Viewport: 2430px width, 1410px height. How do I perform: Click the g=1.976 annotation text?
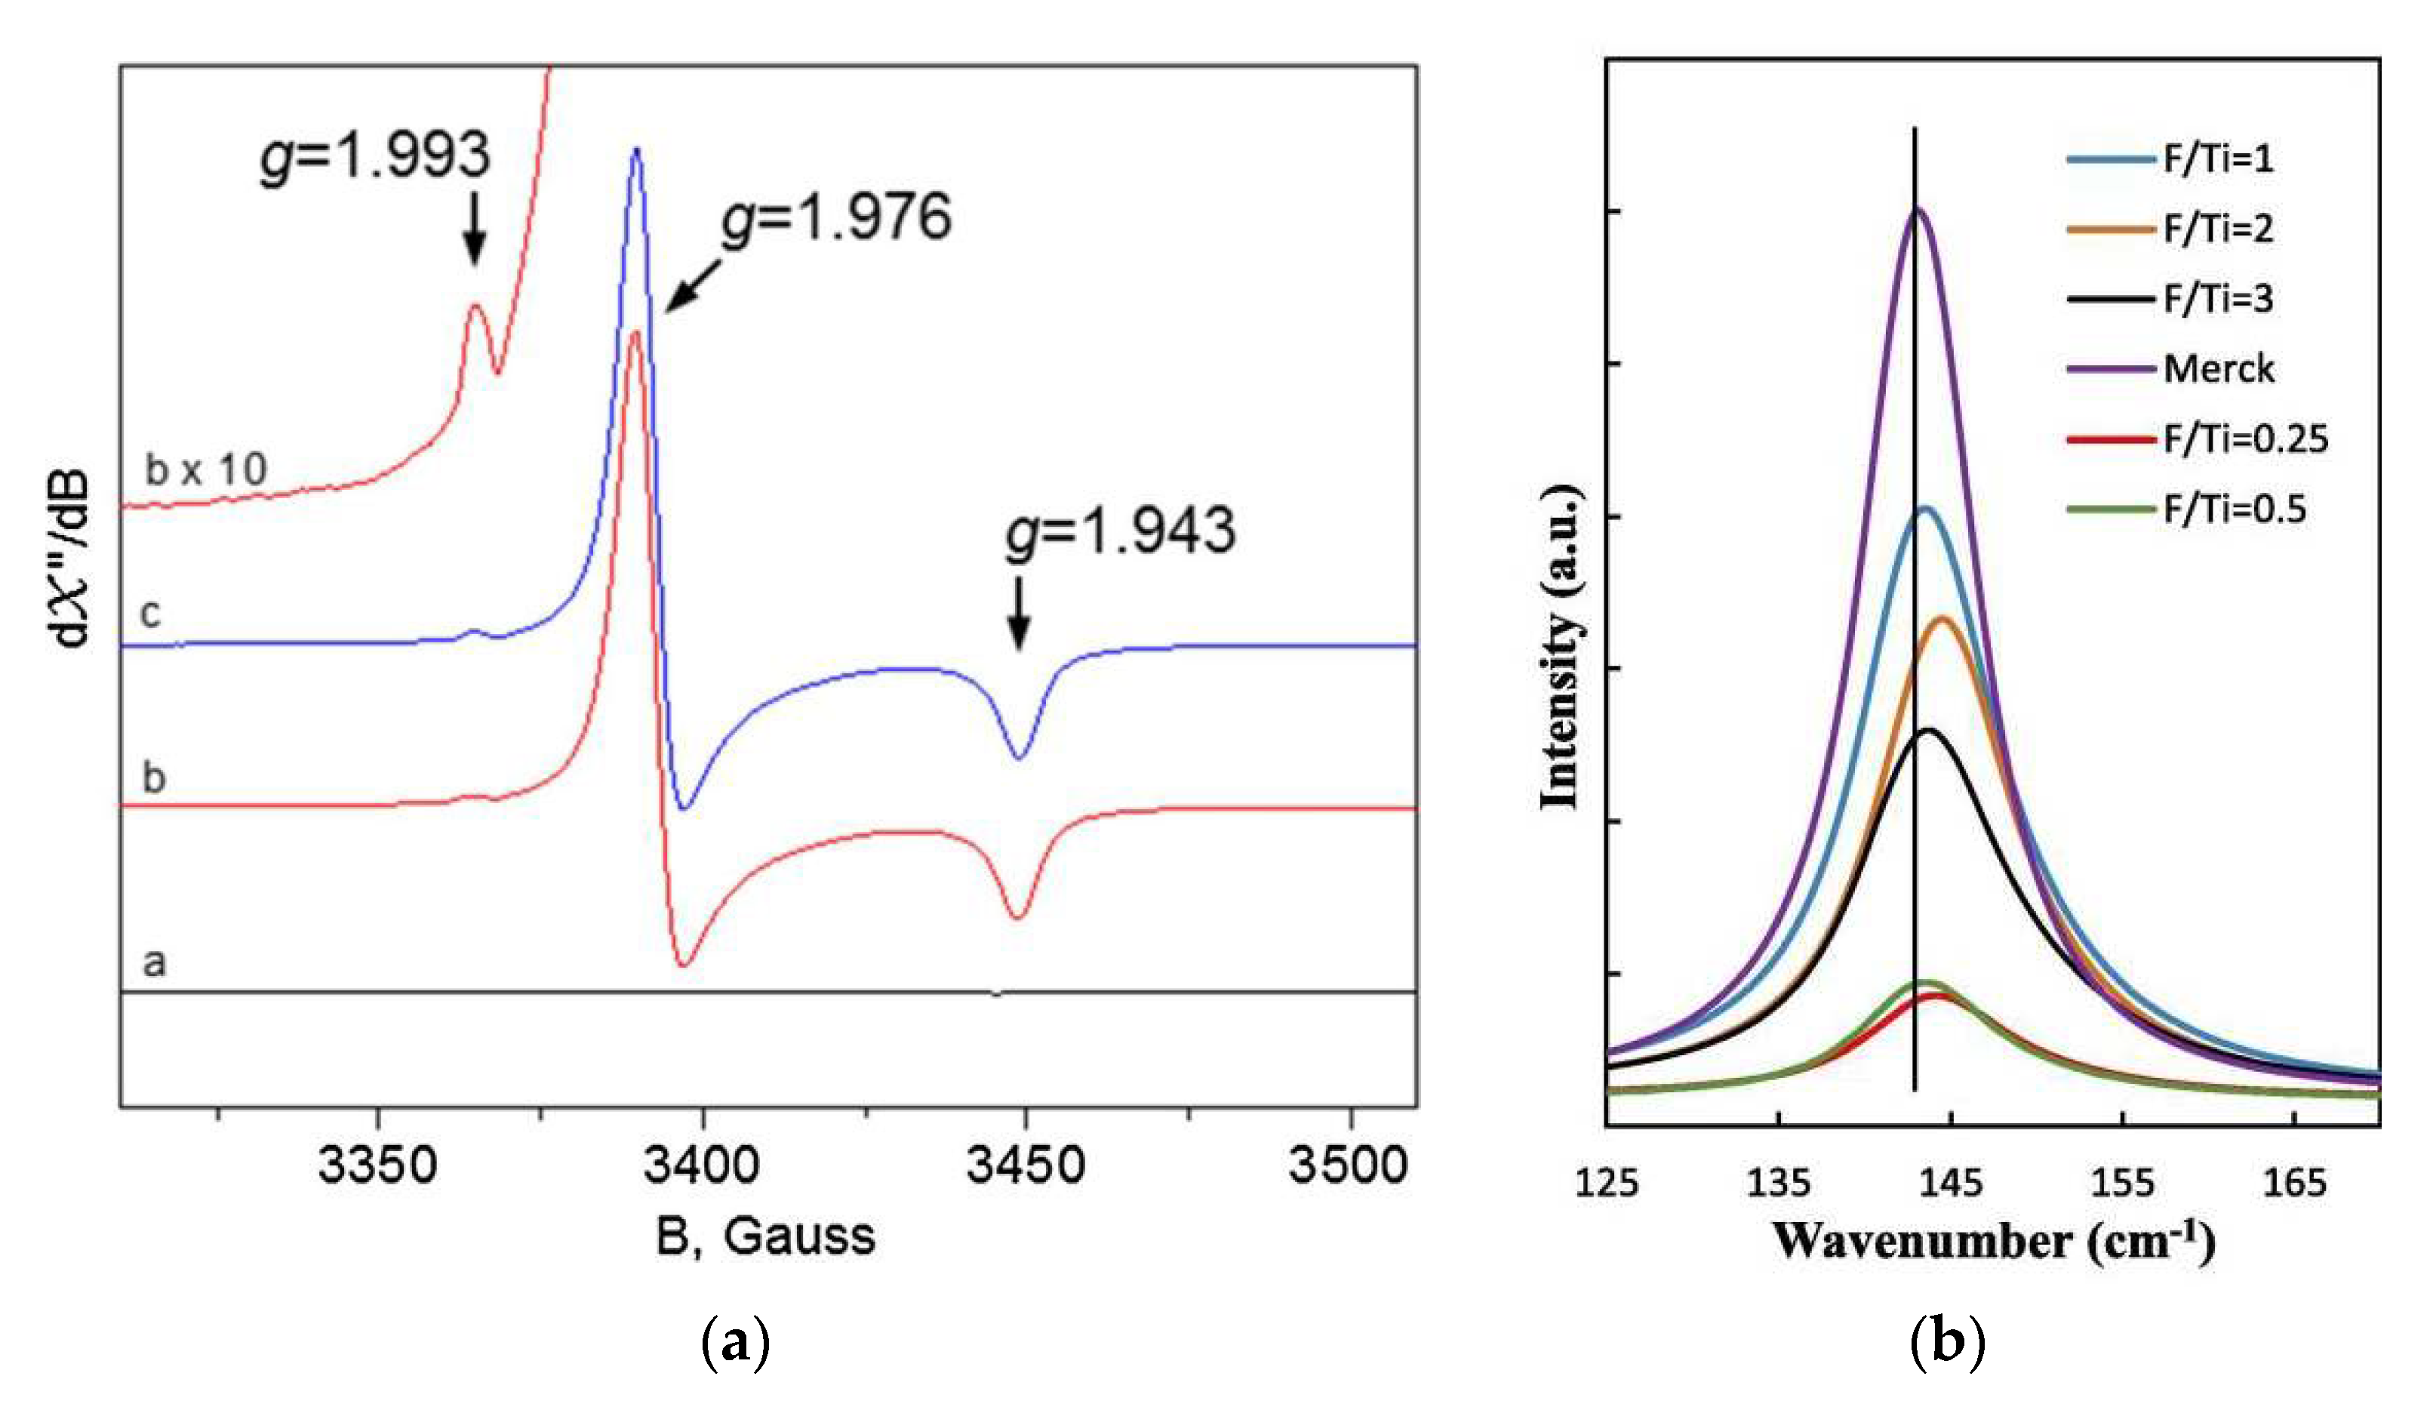click(836, 218)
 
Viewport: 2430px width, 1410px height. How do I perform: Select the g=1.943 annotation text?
click(1120, 531)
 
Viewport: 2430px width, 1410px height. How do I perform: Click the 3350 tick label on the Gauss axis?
click(377, 1165)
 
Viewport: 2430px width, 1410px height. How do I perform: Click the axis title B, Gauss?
click(766, 1236)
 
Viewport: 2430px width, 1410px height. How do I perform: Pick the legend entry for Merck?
click(2218, 368)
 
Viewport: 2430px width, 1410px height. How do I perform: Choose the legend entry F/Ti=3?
click(2218, 299)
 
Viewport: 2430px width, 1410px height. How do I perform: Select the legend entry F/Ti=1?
click(2218, 159)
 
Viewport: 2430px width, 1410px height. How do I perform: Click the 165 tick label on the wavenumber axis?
click(2294, 1182)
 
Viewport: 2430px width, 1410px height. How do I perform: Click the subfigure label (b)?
click(1947, 1341)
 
